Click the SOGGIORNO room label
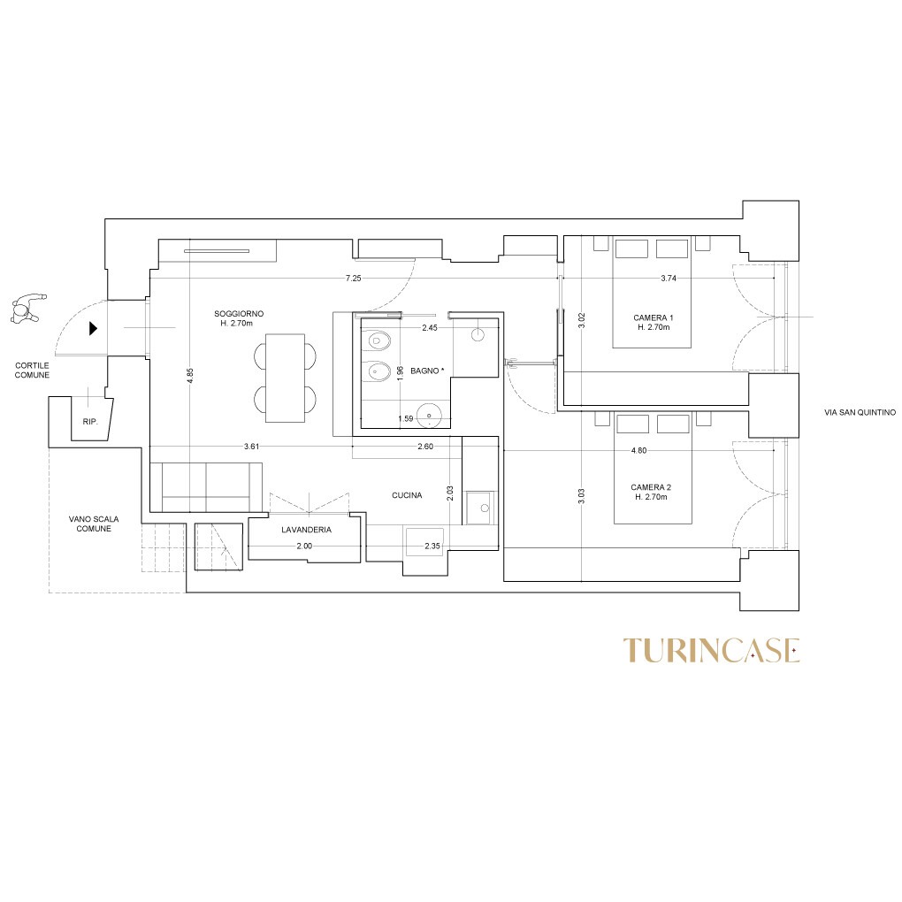click(239, 314)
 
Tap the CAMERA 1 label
click(653, 317)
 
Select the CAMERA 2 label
click(651, 487)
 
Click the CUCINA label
click(407, 494)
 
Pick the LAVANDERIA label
click(306, 530)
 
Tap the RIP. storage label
click(90, 422)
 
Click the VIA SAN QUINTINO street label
click(860, 412)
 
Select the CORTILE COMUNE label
click(32, 370)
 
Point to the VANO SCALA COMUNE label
click(94, 524)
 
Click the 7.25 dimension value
click(353, 278)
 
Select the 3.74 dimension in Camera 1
click(669, 278)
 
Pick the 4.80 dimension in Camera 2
click(638, 450)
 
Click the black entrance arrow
click(93, 328)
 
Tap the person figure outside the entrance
click(27, 309)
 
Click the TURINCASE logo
click(712, 650)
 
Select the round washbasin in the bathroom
click(429, 416)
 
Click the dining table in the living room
click(285, 378)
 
